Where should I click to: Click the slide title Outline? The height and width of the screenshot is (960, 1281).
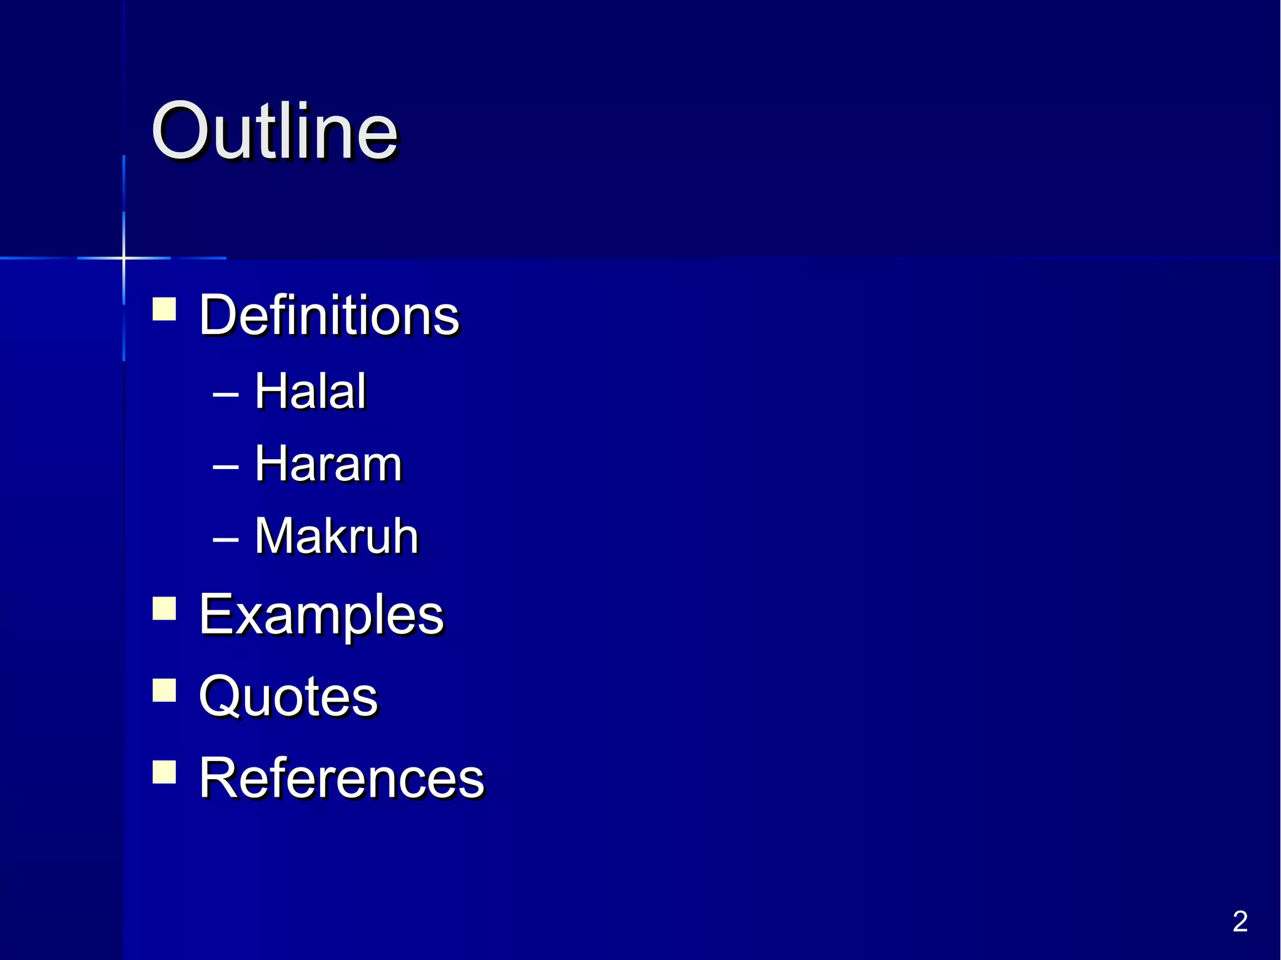275,131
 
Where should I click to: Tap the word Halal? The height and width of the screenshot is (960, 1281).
310,391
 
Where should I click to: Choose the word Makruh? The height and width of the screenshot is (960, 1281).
337,536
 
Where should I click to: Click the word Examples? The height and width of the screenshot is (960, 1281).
322,615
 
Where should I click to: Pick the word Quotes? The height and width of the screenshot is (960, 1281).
288,696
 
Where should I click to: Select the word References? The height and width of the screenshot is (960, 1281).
342,777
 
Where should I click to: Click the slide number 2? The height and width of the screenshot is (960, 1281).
1240,921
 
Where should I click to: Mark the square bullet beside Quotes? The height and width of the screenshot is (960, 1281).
165,690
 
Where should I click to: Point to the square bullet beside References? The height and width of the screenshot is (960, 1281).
165,772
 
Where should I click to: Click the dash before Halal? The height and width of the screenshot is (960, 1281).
226,395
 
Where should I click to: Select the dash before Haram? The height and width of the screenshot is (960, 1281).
226,467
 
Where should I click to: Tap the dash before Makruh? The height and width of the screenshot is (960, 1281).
226,539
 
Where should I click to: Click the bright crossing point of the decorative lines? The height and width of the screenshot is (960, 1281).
124,258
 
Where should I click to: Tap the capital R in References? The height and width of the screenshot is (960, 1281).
218,777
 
